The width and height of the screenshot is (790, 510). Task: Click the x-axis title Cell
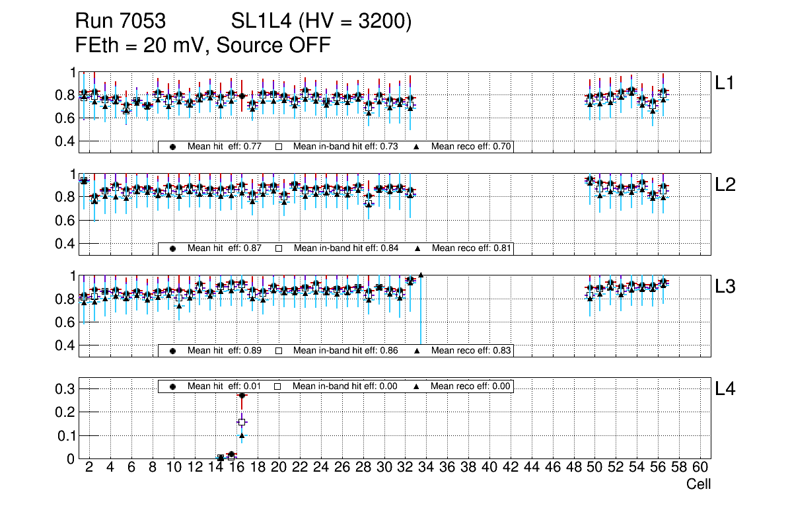(698, 484)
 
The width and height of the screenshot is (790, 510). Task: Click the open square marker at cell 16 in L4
(242, 421)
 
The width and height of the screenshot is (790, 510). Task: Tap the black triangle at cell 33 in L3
(421, 275)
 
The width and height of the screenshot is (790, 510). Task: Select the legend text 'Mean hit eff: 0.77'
(225, 147)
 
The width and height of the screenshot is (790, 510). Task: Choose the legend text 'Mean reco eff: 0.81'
(472, 248)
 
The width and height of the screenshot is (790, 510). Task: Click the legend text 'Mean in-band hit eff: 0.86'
(345, 350)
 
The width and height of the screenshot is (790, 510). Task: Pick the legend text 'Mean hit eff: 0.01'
(225, 386)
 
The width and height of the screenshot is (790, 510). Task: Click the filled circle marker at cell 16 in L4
(242, 395)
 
